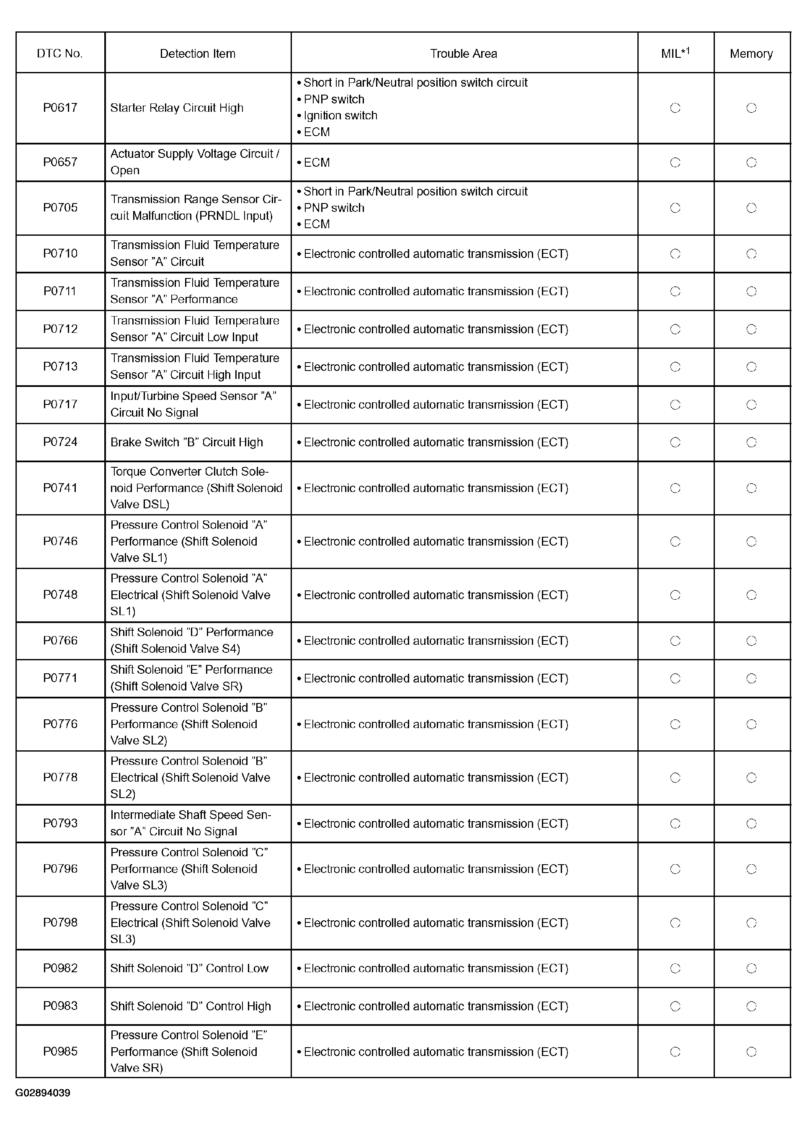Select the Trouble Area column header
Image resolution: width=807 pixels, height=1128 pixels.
[x=463, y=54]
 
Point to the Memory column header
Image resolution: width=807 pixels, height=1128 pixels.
[x=751, y=54]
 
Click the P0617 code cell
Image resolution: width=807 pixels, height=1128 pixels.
[x=60, y=108]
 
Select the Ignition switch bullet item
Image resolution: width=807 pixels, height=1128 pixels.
[x=340, y=116]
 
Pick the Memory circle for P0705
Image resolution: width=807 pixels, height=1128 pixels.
[x=751, y=208]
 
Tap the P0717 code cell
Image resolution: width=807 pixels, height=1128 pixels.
[x=60, y=404]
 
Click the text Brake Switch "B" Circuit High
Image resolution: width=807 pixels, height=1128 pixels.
[x=186, y=442]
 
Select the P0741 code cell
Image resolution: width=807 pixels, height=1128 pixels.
[x=60, y=488]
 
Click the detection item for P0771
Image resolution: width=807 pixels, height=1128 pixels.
[x=191, y=678]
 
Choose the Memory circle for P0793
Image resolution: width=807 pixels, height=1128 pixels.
[x=751, y=824]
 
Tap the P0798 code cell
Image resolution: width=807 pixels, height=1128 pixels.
[x=60, y=922]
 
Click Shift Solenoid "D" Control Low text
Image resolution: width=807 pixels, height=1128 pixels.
[x=189, y=968]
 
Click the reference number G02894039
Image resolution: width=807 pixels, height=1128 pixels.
[x=43, y=1093]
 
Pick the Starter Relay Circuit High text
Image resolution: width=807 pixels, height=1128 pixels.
[x=176, y=108]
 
